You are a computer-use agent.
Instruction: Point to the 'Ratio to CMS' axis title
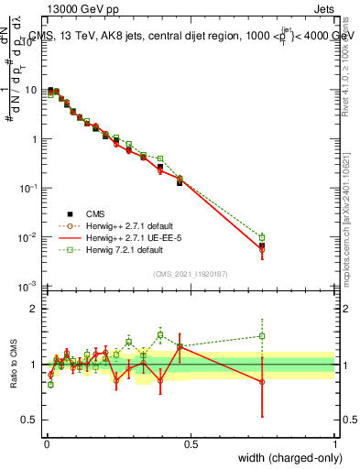[x=13, y=365]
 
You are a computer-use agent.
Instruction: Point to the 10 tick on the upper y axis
[x=32, y=90]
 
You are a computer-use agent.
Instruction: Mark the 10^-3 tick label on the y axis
[x=29, y=287]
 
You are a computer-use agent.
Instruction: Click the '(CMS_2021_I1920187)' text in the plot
[x=190, y=274]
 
